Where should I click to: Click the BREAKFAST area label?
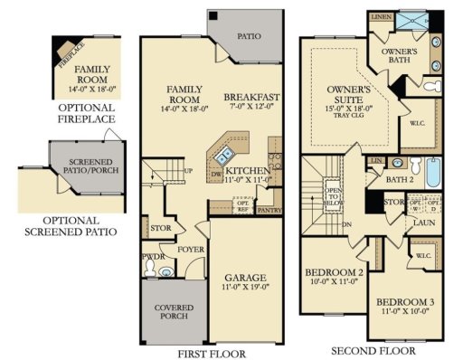pos(251,98)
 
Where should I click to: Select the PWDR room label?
pos(151,256)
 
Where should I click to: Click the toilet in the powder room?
pos(164,270)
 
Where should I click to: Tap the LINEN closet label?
pos(381,17)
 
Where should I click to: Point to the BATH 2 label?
pos(400,179)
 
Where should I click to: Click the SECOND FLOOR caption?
pos(373,350)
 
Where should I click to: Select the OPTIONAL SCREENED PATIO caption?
pos(69,224)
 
